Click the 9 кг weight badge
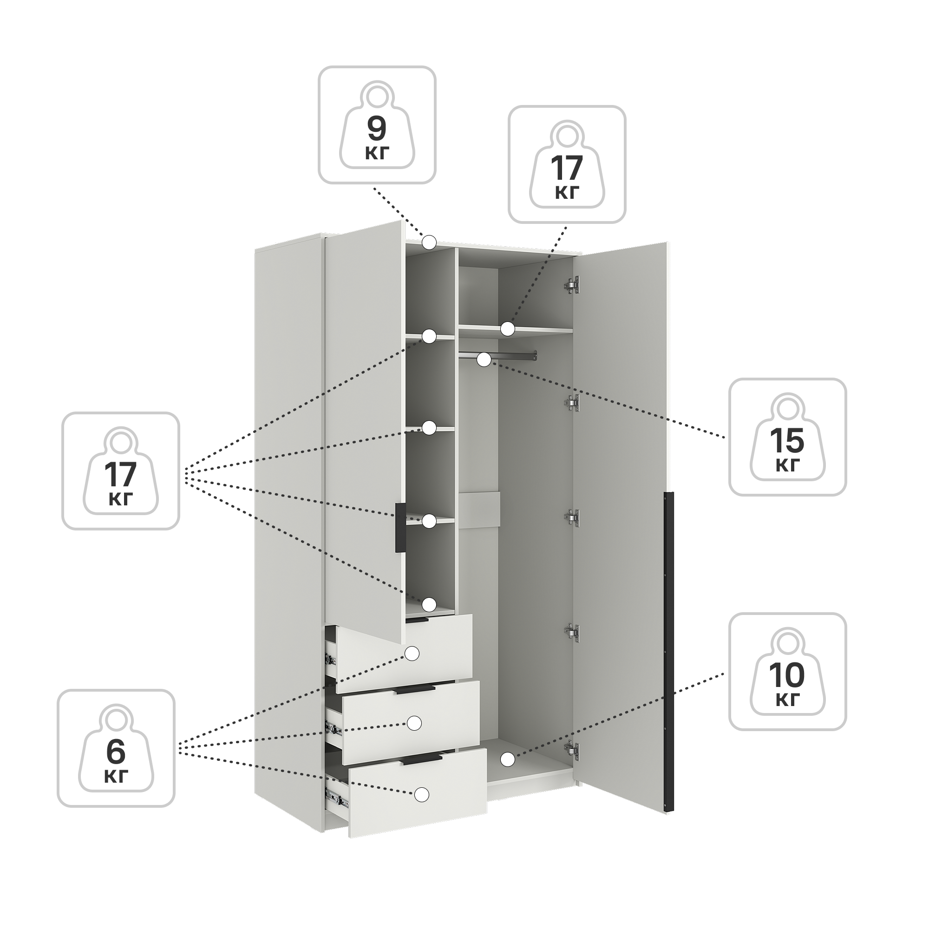pos(377,125)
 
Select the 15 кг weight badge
pos(788,437)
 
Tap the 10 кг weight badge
pos(788,672)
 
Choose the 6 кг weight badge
pos(116,749)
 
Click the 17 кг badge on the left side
pos(121,471)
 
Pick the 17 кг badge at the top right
pos(568,164)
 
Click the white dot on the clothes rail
pos(484,359)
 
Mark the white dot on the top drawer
pos(412,654)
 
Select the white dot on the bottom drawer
pos(422,795)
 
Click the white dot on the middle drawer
pos(414,723)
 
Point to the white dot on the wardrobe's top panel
pos(429,242)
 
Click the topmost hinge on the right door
pos(572,285)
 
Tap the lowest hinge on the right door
pos(572,749)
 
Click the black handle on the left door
pos(400,528)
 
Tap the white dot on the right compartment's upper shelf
pos(507,329)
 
